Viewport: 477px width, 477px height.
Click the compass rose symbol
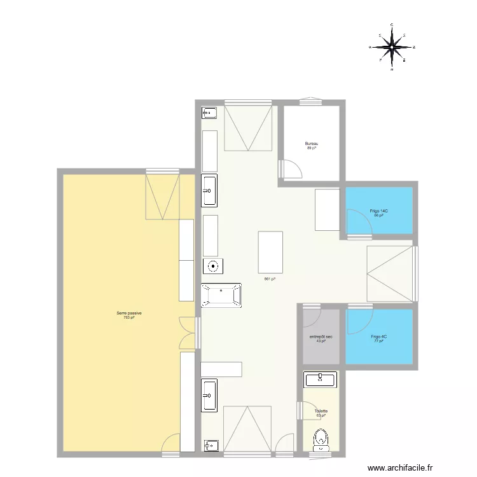point(392,47)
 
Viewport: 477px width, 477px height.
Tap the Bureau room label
point(312,144)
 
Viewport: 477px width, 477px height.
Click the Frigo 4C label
point(378,336)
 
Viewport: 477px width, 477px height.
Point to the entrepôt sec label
point(321,336)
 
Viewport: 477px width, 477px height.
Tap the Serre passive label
point(128,313)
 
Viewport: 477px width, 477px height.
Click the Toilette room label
point(321,411)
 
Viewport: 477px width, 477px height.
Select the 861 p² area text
point(270,279)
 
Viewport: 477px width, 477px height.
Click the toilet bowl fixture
point(321,438)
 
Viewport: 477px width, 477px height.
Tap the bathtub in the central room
point(221,296)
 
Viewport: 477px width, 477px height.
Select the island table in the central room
point(270,252)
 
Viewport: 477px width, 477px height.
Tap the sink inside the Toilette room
point(321,380)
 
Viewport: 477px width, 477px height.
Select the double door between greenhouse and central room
point(188,333)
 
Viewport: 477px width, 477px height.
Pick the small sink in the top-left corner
point(209,113)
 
